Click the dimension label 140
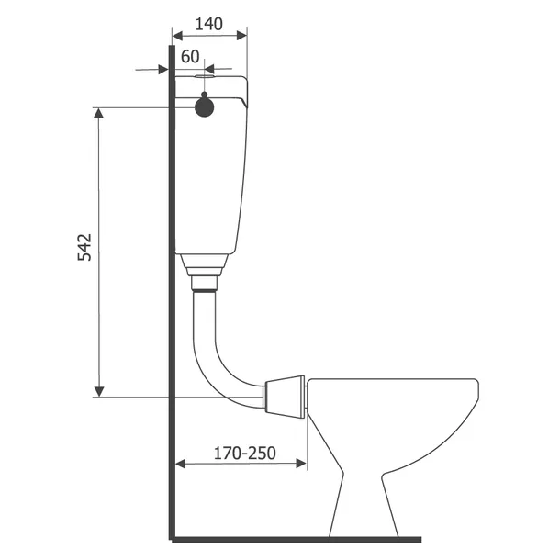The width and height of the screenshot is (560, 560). click(209, 25)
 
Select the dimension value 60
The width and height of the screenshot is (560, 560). click(190, 56)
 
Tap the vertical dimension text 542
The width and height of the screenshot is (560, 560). click(84, 248)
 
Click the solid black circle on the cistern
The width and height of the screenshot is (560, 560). click(204, 107)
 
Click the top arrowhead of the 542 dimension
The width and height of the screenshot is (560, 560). click(99, 113)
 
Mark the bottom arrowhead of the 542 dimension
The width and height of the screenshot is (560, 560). click(99, 392)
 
